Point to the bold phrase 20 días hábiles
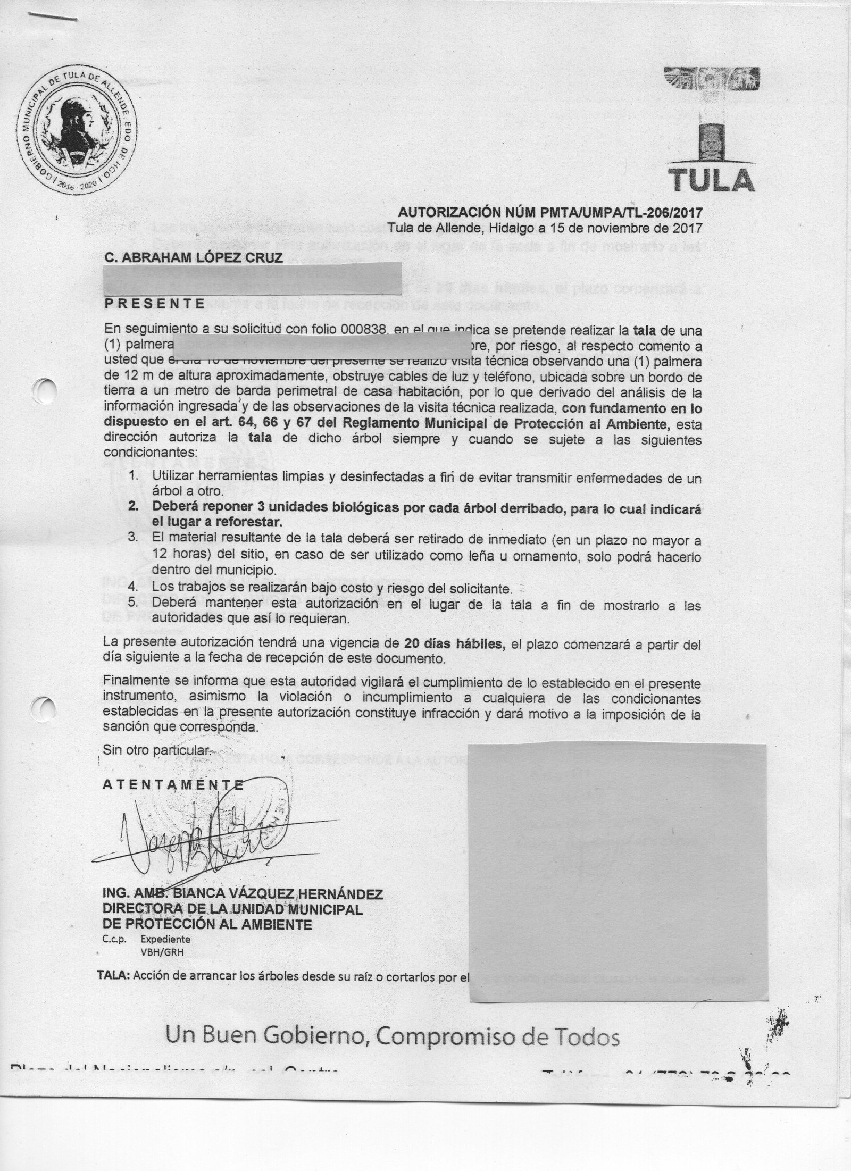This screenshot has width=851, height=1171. coord(454,644)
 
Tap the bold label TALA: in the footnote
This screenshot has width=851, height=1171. coord(114,975)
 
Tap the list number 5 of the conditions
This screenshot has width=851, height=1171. coord(134,603)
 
